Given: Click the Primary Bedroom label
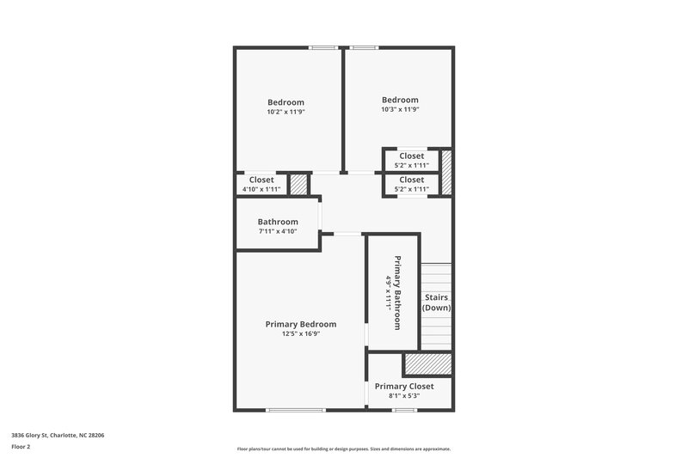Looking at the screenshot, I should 300,324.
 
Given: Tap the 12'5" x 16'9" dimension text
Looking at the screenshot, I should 300,334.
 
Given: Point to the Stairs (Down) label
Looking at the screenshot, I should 437,302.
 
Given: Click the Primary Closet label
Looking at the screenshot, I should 404,387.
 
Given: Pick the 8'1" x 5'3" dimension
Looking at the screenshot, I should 404,396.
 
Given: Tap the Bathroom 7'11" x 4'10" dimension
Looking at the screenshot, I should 277,231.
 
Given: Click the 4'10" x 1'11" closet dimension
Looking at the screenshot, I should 261,189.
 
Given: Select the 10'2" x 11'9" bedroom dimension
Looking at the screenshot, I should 286,112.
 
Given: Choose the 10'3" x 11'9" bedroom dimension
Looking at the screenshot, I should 400,109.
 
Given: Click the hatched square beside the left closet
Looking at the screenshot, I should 298,185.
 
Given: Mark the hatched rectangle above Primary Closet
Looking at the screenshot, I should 428,364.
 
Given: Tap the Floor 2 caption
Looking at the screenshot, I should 20,448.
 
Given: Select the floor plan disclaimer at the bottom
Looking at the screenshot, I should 344,449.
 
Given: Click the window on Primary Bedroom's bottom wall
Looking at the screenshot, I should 295,410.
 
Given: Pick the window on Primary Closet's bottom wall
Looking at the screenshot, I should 404,410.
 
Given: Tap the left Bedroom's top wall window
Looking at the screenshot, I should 323,47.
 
